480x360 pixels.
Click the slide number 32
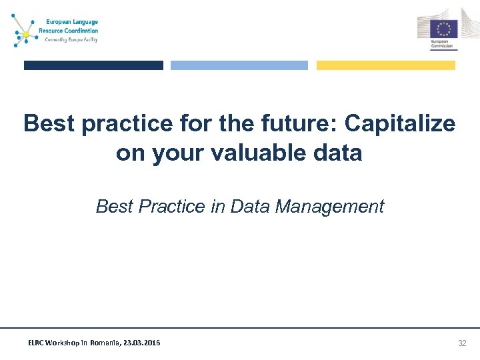point(462,343)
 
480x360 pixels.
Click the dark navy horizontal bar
point(93,65)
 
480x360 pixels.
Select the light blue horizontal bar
point(239,65)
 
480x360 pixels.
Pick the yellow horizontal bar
point(385,65)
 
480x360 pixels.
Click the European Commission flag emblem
point(443,28)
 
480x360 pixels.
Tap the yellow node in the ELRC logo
point(26,34)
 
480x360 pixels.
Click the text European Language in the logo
point(71,22)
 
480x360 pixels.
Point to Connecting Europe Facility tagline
point(71,39)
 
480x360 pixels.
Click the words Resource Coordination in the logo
point(68,31)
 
